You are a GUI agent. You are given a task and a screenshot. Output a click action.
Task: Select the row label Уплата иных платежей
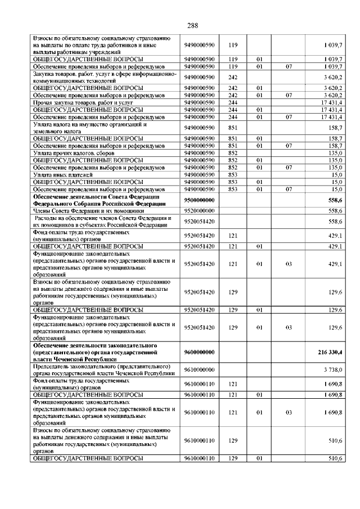pyautogui.click(x=62, y=175)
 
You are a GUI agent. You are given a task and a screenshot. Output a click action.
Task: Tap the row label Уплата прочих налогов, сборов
pyautogui.click(x=74, y=153)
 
